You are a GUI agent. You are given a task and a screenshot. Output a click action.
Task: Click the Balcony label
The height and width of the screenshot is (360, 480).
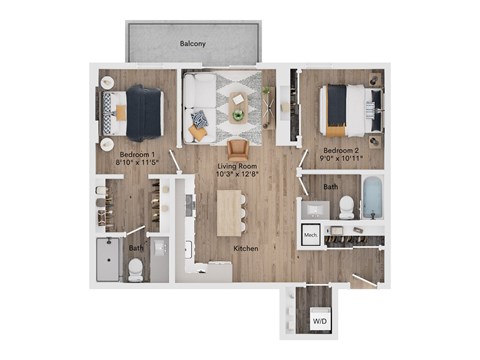point(193,44)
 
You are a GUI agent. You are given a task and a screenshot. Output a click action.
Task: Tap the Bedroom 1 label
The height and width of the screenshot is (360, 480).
point(138,155)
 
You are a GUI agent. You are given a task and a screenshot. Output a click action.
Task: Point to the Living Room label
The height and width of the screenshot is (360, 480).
point(237,165)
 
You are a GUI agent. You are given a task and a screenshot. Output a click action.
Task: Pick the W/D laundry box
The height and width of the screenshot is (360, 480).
point(320,322)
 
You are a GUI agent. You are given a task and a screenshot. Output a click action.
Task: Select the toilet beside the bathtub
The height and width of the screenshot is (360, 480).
point(346,205)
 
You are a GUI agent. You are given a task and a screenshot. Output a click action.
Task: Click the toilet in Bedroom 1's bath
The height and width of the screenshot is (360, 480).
point(136,268)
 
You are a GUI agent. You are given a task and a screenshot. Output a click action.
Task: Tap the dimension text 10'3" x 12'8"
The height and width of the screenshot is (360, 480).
point(237,175)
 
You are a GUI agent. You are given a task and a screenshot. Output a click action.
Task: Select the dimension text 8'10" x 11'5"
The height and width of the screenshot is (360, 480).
point(138,165)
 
